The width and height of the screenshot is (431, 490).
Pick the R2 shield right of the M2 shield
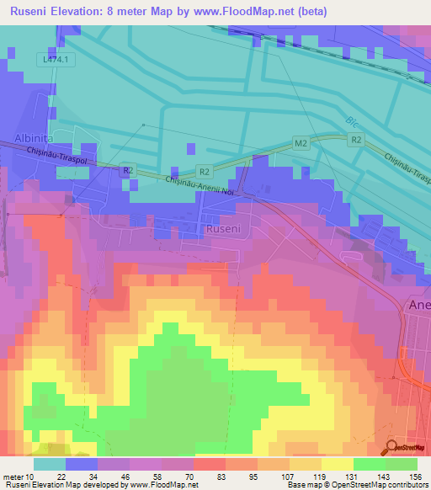pos(356,139)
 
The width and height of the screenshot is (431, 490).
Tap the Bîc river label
pos(351,121)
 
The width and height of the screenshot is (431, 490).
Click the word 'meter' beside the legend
pos(14,476)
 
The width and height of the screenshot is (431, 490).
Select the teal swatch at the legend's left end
pos(49,464)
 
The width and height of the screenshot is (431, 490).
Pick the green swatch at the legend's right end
pos(402,464)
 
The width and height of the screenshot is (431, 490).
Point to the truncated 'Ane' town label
pos(418,305)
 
